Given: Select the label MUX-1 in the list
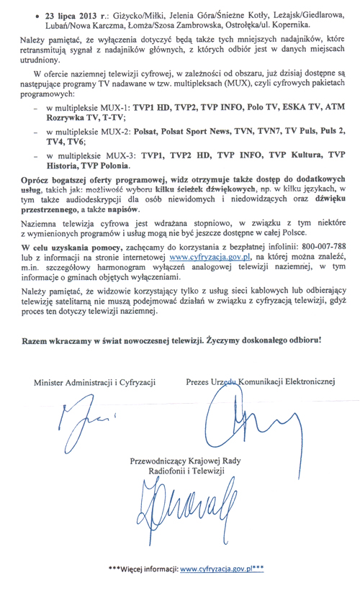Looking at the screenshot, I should pyautogui.click(x=109, y=106).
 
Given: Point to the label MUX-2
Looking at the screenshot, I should pyautogui.click(x=109, y=132).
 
